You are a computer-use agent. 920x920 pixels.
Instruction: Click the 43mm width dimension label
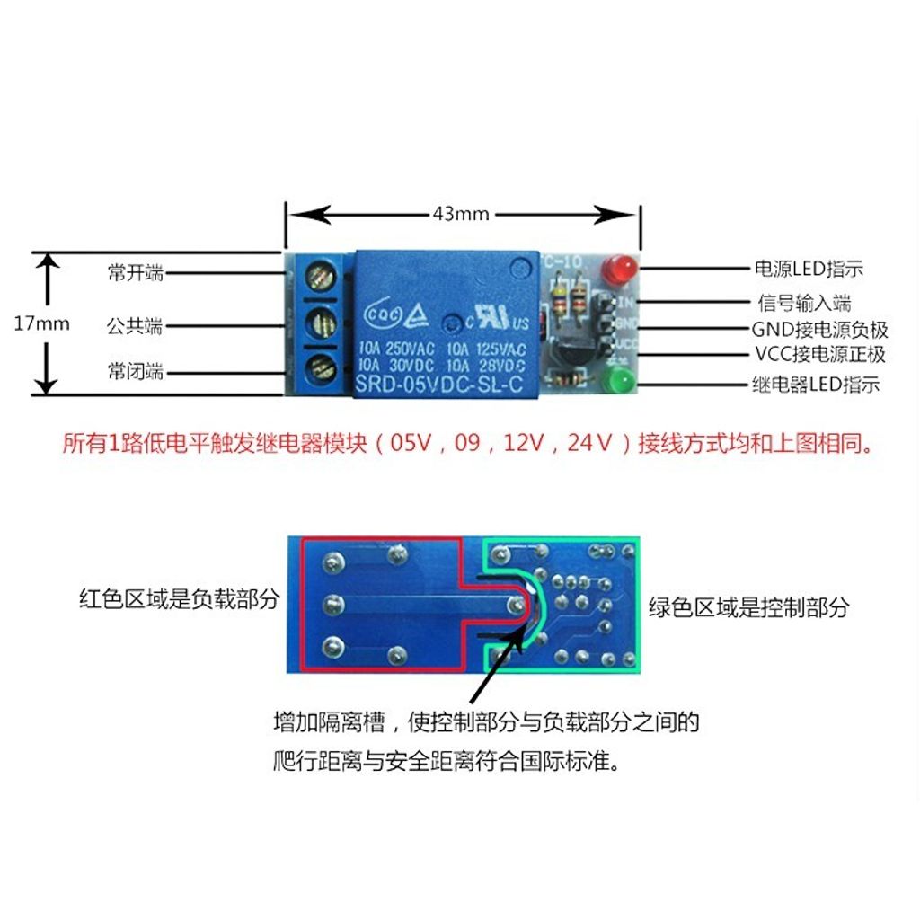461,214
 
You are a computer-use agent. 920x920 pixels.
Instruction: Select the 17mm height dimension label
41,323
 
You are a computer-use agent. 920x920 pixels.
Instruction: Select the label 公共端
136,325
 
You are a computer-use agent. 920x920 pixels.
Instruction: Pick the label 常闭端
136,371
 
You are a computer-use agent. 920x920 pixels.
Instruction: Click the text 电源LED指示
808,269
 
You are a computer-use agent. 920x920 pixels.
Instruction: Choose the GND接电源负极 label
819,330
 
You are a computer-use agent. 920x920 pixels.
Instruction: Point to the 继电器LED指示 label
815,386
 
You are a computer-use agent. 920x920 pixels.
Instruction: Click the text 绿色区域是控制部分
748,607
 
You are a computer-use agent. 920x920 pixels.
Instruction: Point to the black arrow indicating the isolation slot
498,661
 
